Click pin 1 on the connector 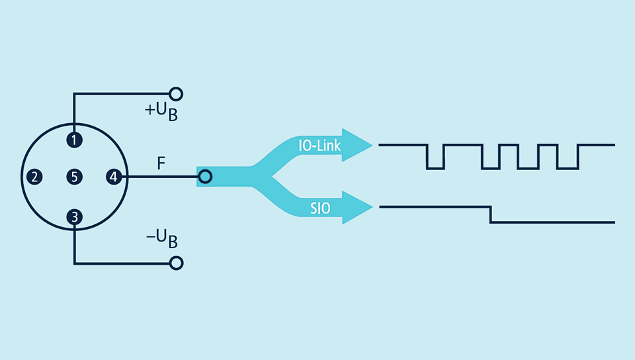point(75,140)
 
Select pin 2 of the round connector point(34,177)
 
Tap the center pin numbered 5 point(75,177)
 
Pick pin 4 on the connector point(114,177)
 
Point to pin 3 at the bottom point(75,216)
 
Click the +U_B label point(161,112)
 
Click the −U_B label point(161,239)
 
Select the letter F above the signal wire point(161,162)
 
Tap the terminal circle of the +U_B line point(176,93)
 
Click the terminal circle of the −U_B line point(176,263)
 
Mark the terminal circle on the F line point(205,177)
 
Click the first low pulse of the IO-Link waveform point(435,167)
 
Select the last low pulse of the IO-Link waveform point(568,167)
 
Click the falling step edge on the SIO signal point(490,214)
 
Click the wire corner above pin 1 point(75,93)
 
